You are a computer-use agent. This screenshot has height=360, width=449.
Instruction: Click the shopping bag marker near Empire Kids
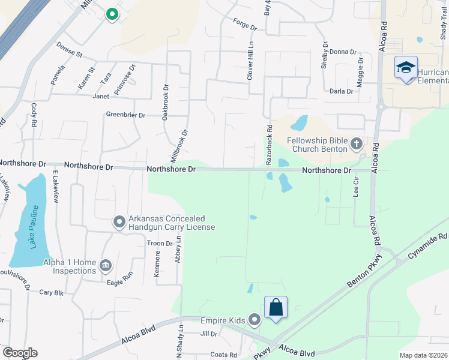(276, 308)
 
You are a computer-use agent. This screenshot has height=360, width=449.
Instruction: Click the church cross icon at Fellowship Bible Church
(357, 143)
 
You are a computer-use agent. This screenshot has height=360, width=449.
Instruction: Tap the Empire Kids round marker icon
(255, 320)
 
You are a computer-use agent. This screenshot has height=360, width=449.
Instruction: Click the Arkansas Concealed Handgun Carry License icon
(119, 223)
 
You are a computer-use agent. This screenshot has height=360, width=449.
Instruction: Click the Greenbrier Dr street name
(125, 115)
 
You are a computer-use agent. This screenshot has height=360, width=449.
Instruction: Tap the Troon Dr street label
(160, 244)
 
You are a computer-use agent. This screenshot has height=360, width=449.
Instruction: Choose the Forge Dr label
(244, 28)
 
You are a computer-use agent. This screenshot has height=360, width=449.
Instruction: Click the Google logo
(20, 353)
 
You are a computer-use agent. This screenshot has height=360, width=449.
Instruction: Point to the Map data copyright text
(423, 355)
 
